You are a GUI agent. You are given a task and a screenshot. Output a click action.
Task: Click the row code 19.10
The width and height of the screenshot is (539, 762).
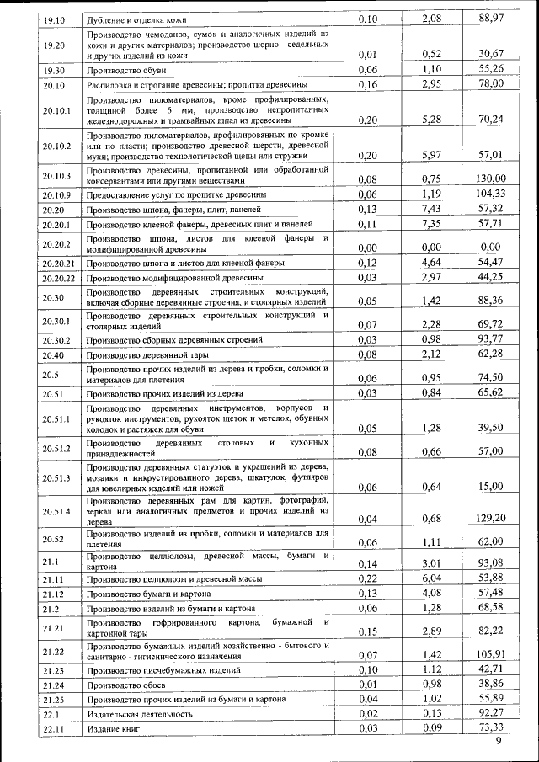pyautogui.click(x=54, y=19)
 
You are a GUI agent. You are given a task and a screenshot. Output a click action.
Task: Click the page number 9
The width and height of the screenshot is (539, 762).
pyautogui.click(x=499, y=742)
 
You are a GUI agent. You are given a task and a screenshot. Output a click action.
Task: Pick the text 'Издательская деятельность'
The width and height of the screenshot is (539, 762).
pyautogui.click(x=139, y=714)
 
